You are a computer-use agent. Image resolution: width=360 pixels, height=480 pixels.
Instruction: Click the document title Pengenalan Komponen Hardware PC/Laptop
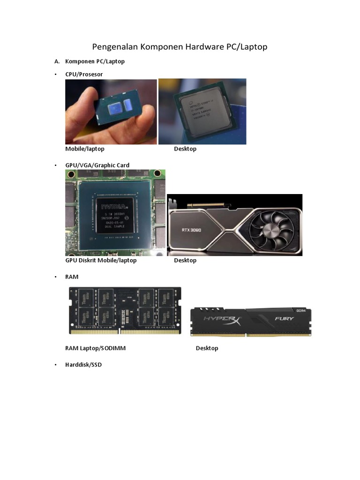tap(180, 47)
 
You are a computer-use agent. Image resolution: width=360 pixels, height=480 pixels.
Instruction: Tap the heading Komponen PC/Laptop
tap(95, 61)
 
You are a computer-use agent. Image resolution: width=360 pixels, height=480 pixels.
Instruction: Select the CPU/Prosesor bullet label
tap(84, 74)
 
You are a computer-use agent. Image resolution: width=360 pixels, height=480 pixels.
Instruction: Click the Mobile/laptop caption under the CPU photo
tap(85, 149)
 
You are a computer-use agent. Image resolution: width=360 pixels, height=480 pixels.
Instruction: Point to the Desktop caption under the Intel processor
tap(185, 149)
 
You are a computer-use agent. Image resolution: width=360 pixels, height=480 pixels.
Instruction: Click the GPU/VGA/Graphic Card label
tap(97, 165)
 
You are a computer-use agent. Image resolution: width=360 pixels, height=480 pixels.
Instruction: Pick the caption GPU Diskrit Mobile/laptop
tap(101, 260)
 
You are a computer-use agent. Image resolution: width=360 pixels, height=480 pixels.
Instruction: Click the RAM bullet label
tap(72, 277)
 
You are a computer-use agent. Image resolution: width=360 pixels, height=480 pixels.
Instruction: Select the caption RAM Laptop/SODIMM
tap(95, 348)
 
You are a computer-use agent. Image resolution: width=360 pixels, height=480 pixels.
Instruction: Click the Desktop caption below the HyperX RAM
tap(207, 348)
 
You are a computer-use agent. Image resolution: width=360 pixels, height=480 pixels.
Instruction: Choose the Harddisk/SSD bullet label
tap(83, 365)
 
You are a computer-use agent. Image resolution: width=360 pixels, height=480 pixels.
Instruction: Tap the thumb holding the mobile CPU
tap(84, 122)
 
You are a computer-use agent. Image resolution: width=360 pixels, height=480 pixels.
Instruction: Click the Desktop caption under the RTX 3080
tap(185, 260)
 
